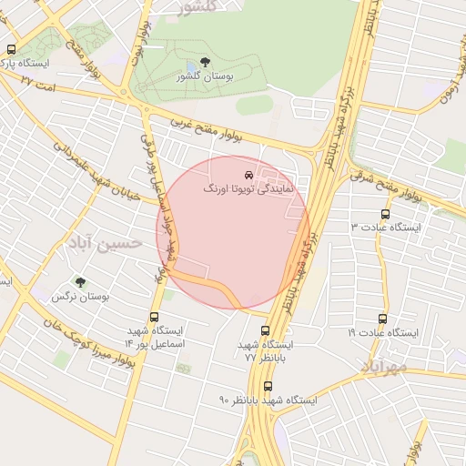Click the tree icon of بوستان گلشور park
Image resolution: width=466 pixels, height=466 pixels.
[x=204, y=62]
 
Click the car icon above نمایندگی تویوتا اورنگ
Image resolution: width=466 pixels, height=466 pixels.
[x=248, y=174]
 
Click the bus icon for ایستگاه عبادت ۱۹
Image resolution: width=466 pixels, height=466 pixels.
[x=382, y=319]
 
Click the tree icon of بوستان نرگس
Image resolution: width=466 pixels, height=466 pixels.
[x=80, y=282]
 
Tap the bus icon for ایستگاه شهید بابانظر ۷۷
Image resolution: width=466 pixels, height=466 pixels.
[x=265, y=331]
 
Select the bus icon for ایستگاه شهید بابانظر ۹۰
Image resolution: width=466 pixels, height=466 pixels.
[x=267, y=386]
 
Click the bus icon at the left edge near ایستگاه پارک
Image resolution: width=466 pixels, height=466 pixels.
[x=11, y=50]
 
